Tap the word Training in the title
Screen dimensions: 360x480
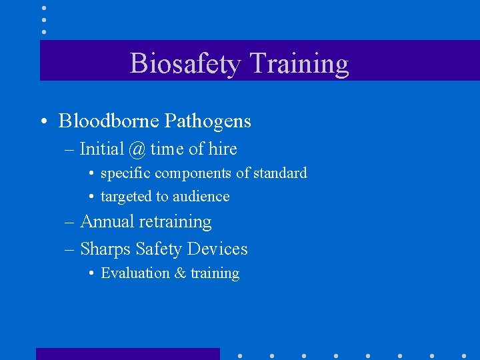pyautogui.click(x=299, y=63)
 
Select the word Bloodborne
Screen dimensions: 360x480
pyautogui.click(x=108, y=121)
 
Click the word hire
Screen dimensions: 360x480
pyautogui.click(x=219, y=149)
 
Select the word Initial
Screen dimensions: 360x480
pyautogui.click(x=101, y=149)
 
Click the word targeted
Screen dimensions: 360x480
pyautogui.click(x=127, y=197)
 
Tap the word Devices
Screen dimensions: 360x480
pyautogui.click(x=217, y=249)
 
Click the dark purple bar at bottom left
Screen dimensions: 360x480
pyautogui.click(x=127, y=353)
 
